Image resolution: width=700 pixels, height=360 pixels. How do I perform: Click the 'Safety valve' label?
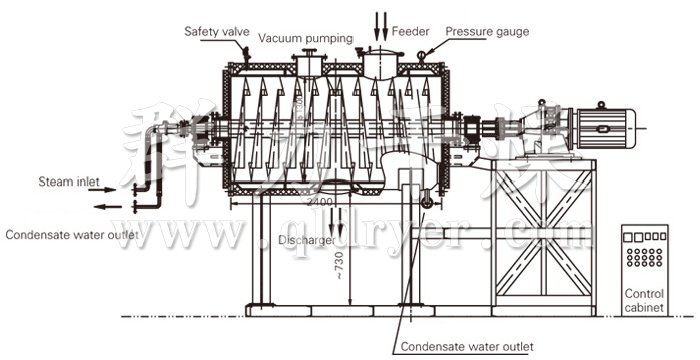click(x=216, y=31)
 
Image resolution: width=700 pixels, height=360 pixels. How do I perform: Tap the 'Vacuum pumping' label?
click(x=306, y=38)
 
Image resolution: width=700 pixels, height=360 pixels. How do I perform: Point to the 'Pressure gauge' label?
click(x=487, y=31)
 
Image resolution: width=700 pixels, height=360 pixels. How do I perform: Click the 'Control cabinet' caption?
click(x=644, y=301)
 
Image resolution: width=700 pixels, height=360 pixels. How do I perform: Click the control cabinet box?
click(x=644, y=256)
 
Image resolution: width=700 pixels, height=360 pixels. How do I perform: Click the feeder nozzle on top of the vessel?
click(x=377, y=62)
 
